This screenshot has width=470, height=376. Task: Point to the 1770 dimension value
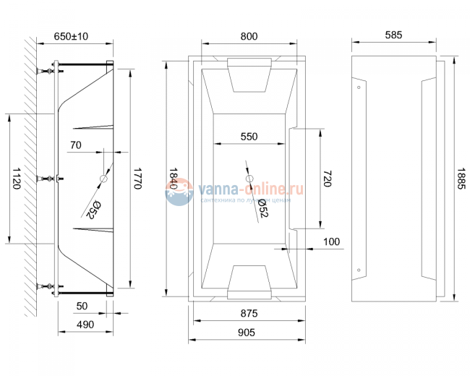click(137, 178)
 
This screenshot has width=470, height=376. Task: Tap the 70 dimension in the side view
click(76, 145)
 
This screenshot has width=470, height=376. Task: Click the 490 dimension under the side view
click(85, 324)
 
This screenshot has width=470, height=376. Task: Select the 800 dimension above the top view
click(249, 35)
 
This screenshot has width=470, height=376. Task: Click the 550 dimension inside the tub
click(249, 136)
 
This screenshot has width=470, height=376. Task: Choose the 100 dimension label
click(331, 242)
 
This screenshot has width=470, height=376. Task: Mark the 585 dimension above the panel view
click(393, 35)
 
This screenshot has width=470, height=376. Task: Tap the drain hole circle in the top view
click(249, 179)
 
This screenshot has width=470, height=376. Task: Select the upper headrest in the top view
click(249, 74)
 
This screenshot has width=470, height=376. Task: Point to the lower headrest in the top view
click(249, 281)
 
